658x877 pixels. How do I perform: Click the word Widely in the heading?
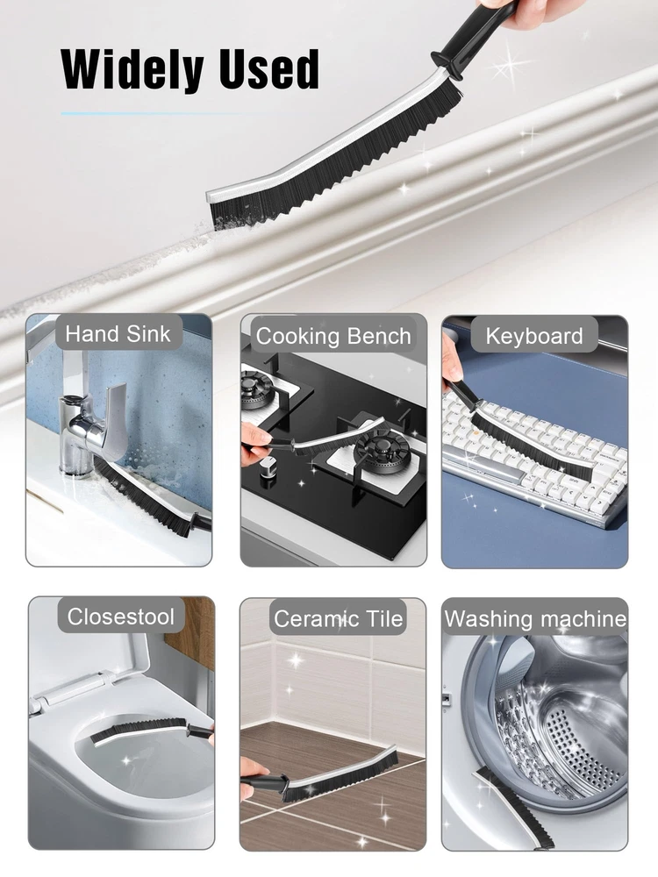click(x=132, y=69)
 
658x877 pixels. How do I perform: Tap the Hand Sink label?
click(x=118, y=334)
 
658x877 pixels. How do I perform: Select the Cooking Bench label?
click(x=333, y=336)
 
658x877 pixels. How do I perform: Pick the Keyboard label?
click(x=534, y=336)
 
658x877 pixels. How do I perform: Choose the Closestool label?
click(x=121, y=617)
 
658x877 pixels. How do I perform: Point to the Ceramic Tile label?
click(x=339, y=618)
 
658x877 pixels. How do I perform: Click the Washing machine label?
click(x=535, y=618)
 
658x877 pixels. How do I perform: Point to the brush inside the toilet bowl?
click(x=151, y=732)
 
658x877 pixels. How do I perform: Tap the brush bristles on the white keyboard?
click(x=529, y=445)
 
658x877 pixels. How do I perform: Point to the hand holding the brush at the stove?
click(x=257, y=442)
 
